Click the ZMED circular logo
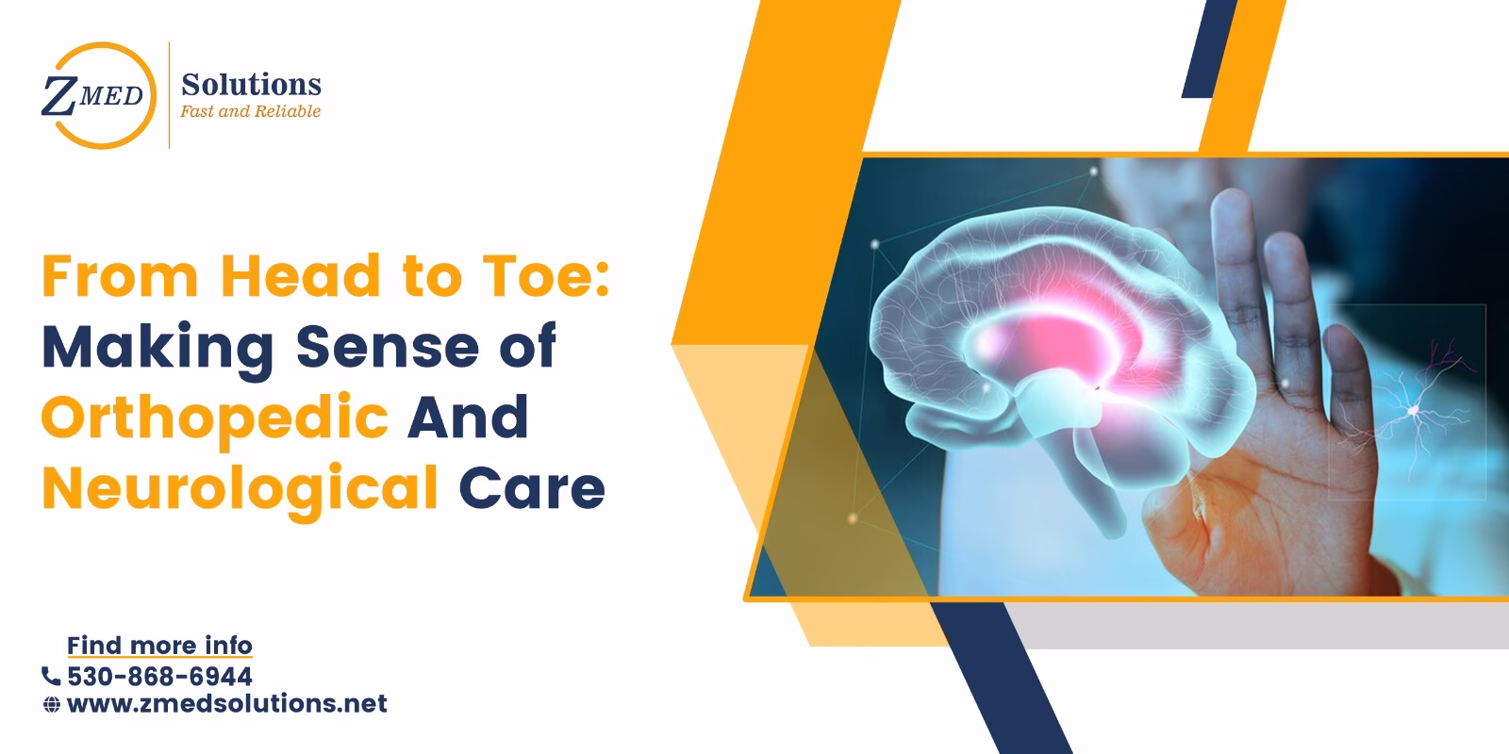(93, 95)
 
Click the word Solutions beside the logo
(251, 85)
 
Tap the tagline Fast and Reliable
(251, 111)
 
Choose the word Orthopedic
(215, 418)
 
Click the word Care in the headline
(532, 488)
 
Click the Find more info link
(159, 646)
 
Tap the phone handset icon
(51, 676)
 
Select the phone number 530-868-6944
(159, 676)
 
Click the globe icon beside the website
(52, 704)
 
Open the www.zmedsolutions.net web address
(227, 703)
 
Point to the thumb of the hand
(1179, 528)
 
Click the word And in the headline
(467, 418)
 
